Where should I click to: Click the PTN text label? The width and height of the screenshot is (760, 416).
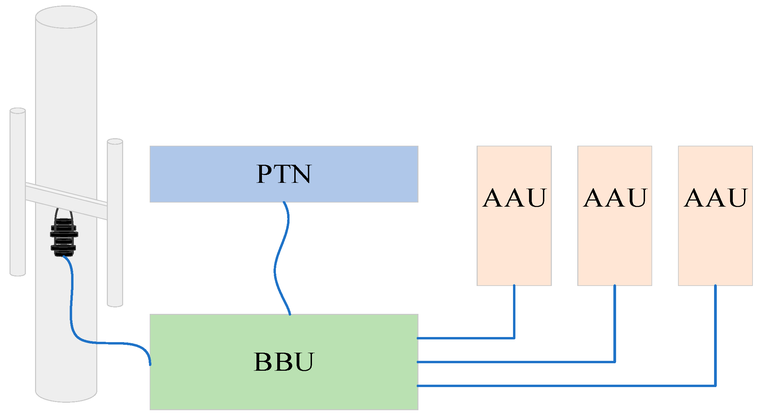tap(283, 174)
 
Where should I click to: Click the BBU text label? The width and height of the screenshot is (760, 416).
tap(283, 362)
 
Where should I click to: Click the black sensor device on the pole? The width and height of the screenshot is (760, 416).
tap(64, 237)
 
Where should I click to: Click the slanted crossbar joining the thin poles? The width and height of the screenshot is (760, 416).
tap(66, 201)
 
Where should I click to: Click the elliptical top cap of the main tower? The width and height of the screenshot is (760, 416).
tap(66, 17)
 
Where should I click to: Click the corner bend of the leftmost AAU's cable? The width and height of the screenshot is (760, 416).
tap(514, 338)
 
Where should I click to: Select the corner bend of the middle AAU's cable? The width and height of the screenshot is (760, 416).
tap(615, 362)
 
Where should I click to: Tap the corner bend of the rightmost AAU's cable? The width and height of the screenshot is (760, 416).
tap(715, 386)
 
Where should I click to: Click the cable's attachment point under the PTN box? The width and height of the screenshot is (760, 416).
tap(284, 203)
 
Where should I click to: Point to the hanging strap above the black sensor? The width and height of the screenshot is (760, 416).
tap(64, 213)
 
